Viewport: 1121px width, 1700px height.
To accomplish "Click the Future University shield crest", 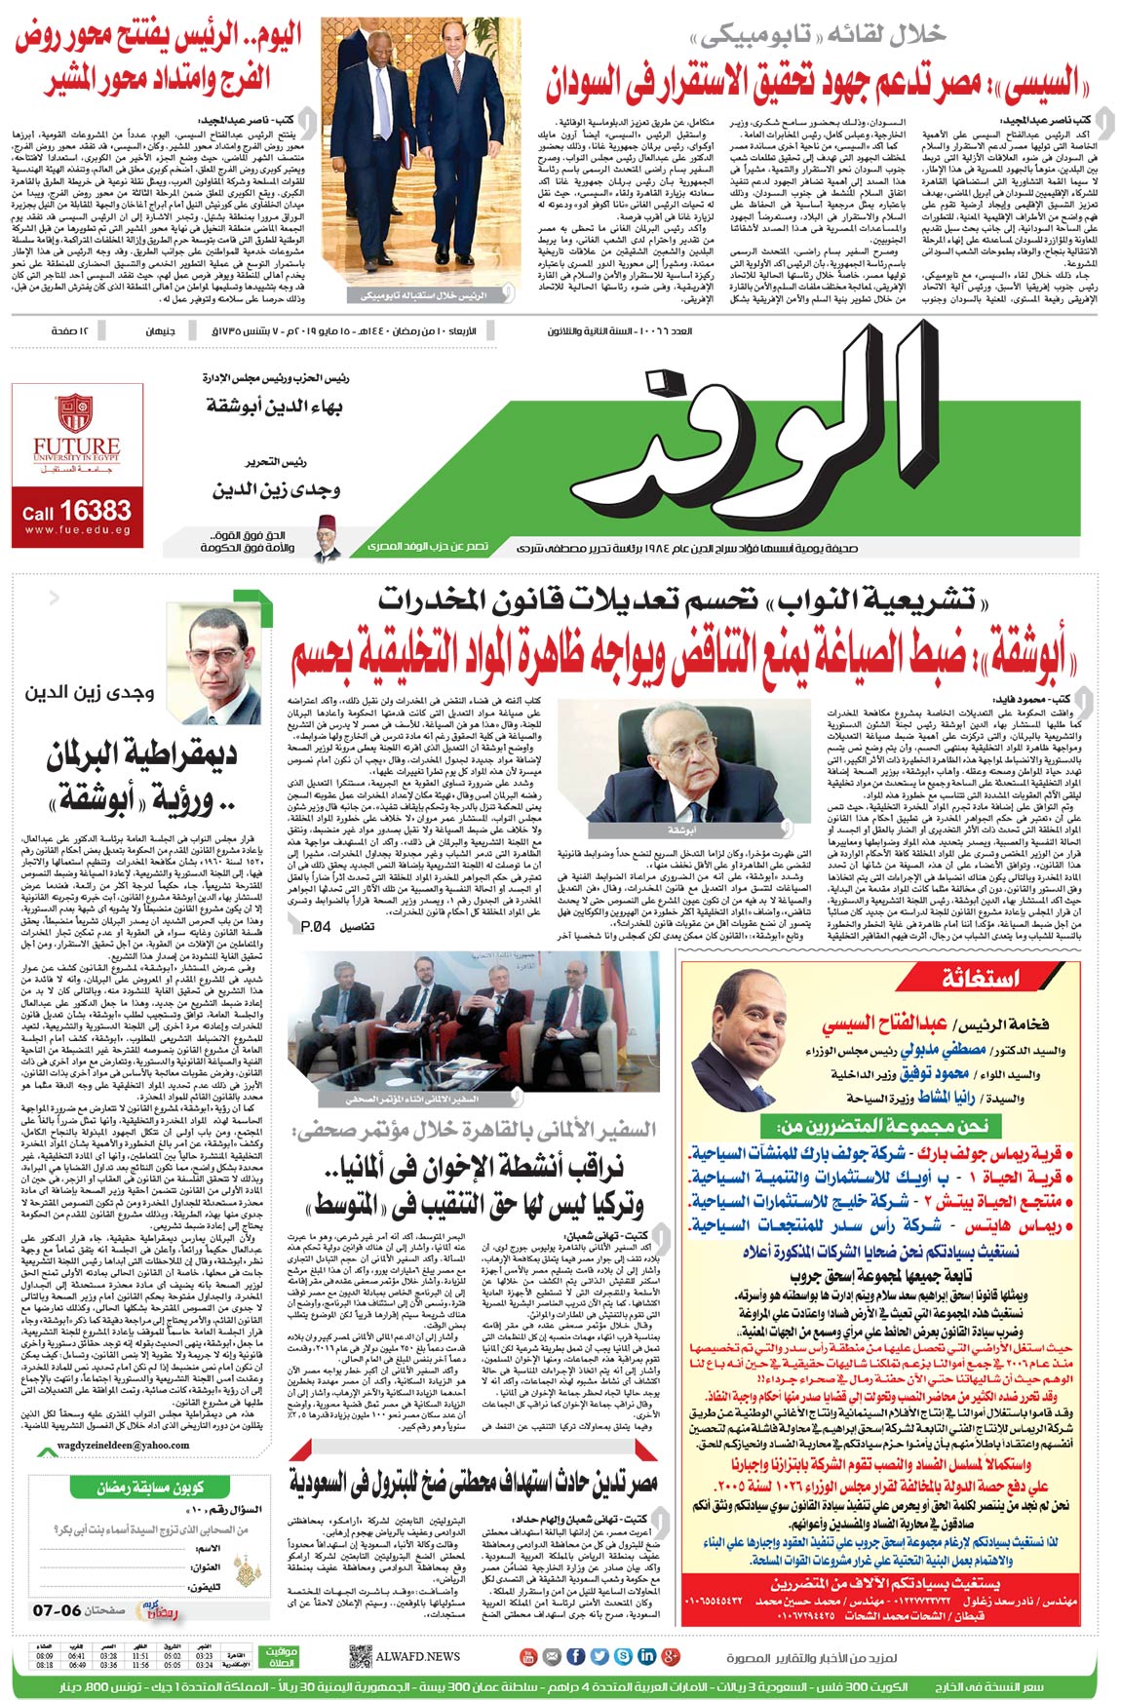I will tap(74, 413).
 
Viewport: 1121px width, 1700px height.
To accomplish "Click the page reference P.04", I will tap(314, 926).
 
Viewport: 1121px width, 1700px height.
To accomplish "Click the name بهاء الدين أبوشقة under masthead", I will tap(274, 404).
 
